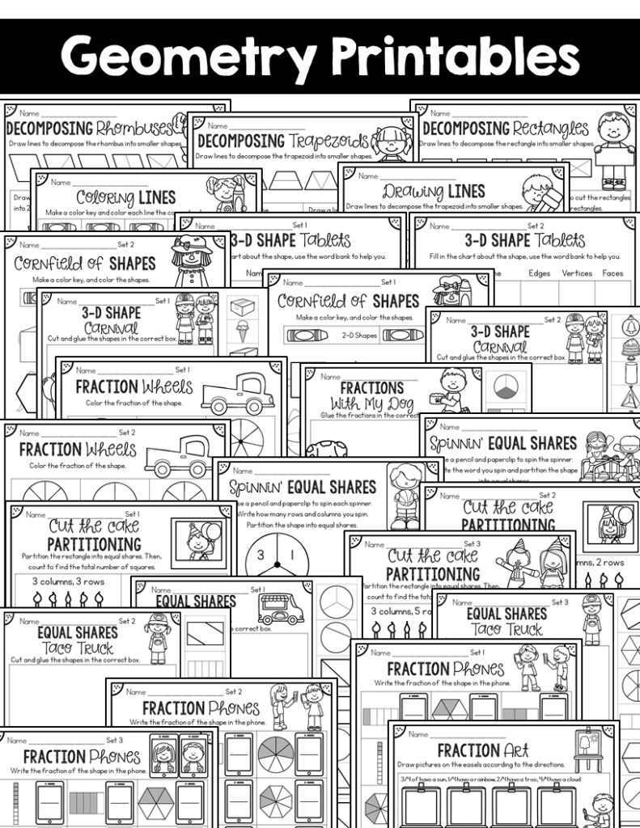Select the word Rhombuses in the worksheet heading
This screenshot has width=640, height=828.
[x=134, y=127]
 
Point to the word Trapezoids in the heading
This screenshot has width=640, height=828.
[x=328, y=141]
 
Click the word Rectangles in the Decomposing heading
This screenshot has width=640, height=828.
[x=550, y=128]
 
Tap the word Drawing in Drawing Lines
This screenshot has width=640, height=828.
[x=412, y=192]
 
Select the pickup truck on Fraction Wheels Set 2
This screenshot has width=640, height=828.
[x=180, y=455]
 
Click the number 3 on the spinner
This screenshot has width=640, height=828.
[x=261, y=556]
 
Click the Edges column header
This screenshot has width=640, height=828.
[x=539, y=273]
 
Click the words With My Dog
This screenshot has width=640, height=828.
[x=372, y=403]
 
